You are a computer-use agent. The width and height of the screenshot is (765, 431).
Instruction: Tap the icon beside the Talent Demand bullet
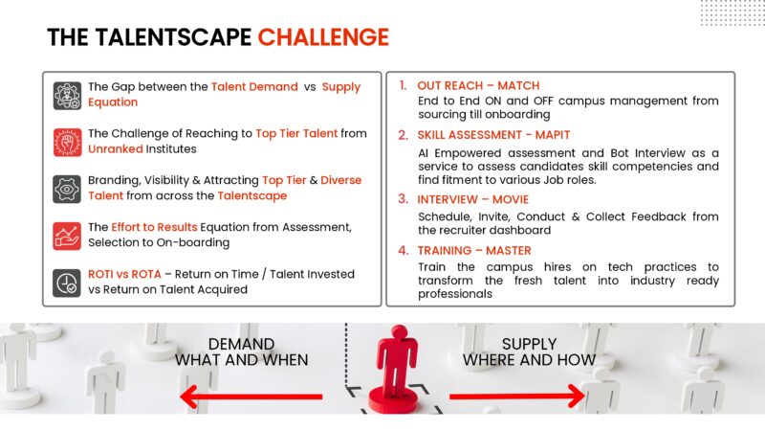67,95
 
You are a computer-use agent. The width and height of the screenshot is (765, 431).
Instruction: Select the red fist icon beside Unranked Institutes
67,142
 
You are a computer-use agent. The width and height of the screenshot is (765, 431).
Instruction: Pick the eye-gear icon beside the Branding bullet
67,189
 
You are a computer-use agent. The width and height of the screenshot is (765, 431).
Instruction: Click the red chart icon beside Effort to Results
67,236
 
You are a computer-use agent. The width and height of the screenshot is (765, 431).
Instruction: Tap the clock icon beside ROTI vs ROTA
67,283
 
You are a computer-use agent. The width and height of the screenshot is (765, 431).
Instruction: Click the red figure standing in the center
393,365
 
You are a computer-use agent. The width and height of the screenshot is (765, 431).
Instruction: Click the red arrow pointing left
250,396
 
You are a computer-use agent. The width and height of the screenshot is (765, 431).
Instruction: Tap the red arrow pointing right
517,396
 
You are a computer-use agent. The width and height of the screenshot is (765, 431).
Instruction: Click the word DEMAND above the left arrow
241,344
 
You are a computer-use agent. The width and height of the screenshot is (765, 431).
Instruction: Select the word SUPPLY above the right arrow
529,344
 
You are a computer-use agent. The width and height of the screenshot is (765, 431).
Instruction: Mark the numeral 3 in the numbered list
403,199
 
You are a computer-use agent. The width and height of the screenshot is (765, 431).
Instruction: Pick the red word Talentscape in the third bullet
251,196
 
